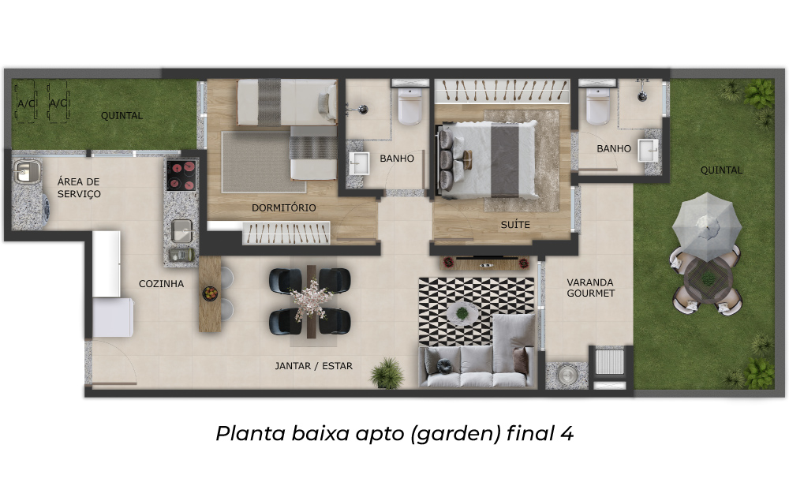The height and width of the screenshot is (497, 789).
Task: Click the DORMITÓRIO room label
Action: tap(284, 207)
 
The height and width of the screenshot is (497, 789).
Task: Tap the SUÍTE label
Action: tap(515, 225)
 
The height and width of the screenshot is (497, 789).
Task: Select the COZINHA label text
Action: tap(162, 284)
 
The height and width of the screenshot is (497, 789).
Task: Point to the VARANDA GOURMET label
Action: tap(591, 288)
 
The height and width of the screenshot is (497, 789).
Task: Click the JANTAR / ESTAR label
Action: tap(313, 366)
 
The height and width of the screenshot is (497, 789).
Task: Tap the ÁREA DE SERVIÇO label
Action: tap(79, 188)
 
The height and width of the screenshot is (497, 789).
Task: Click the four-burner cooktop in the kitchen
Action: tap(181, 175)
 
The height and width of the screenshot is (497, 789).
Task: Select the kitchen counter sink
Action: tap(181, 231)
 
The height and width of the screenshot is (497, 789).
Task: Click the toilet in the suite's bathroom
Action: tap(598, 106)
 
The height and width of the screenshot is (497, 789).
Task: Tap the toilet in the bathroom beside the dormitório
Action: tap(410, 106)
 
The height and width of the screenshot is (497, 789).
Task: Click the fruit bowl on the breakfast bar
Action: tap(210, 293)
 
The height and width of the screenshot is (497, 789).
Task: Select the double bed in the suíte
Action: tap(488, 159)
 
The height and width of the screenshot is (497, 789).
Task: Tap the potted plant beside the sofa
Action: tap(387, 372)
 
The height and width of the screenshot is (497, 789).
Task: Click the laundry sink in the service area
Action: tap(27, 171)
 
